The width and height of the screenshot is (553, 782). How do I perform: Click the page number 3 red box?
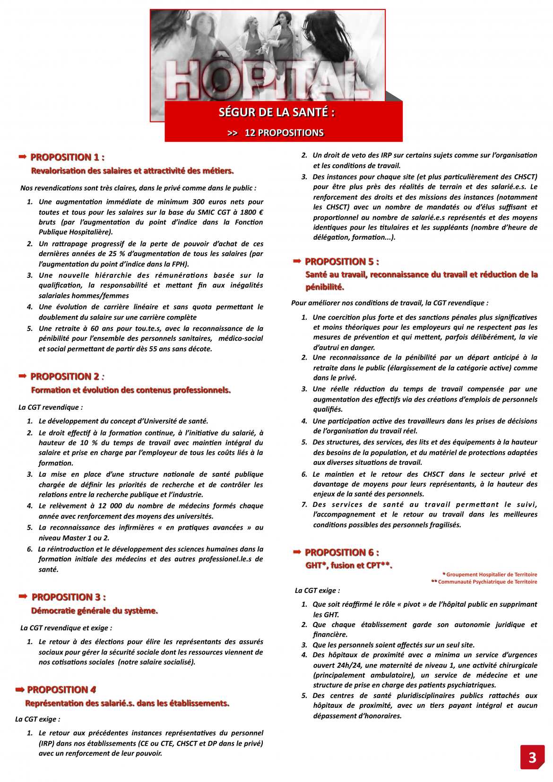tap(532, 757)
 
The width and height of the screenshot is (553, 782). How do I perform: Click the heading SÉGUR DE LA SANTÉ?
tap(277, 112)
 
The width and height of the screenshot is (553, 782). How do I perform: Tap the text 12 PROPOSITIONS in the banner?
tap(284, 133)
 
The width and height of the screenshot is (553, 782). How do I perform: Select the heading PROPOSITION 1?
tap(67, 157)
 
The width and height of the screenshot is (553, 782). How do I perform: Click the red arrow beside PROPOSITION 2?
tap(22, 376)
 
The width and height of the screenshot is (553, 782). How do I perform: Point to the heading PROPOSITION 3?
tap(69, 597)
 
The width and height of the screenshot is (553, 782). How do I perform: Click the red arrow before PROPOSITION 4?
tap(19, 690)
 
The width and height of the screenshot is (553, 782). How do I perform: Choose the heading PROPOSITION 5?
tap(342, 262)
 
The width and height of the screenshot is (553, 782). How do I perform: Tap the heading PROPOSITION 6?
tap(342, 552)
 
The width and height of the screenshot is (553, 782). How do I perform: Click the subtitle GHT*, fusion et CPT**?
tap(349, 566)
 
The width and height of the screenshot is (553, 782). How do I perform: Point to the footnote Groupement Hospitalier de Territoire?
tap(491, 575)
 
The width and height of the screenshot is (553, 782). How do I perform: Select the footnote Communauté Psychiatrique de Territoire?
tap(487, 582)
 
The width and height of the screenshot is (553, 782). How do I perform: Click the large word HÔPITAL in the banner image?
tap(267, 80)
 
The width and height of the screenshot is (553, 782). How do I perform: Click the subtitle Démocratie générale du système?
tap(95, 611)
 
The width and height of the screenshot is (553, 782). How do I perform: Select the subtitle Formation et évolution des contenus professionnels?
tap(131, 390)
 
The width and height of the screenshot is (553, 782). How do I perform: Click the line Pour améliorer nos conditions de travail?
tap(390, 303)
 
